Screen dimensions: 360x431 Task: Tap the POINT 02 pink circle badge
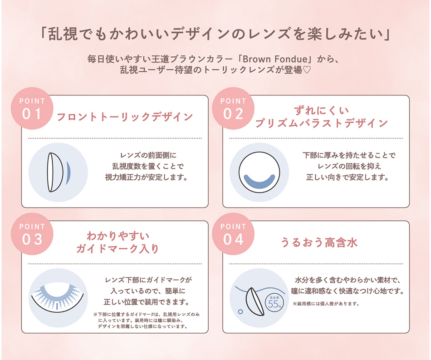tap(233, 108)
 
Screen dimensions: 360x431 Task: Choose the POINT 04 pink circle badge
tap(233, 233)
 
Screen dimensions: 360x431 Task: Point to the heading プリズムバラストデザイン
tap(321, 123)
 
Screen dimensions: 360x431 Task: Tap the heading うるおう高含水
tap(319, 242)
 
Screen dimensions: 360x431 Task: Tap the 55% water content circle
tap(274, 303)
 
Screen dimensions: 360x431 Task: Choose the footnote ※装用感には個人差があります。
tap(326, 303)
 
